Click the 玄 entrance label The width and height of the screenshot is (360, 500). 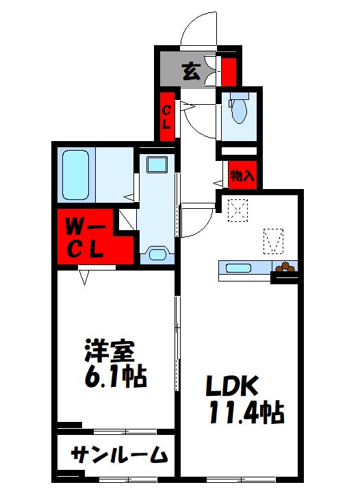[x=192, y=70]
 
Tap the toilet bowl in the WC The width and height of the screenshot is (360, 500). [x=239, y=110]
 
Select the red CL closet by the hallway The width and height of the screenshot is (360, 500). [x=166, y=116]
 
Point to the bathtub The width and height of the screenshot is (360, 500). [x=77, y=175]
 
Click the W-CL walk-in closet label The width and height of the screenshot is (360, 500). [x=86, y=238]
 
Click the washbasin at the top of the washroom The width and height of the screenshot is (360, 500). [x=157, y=164]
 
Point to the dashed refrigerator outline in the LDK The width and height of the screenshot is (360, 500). [x=273, y=239]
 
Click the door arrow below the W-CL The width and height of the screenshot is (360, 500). [x=86, y=276]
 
